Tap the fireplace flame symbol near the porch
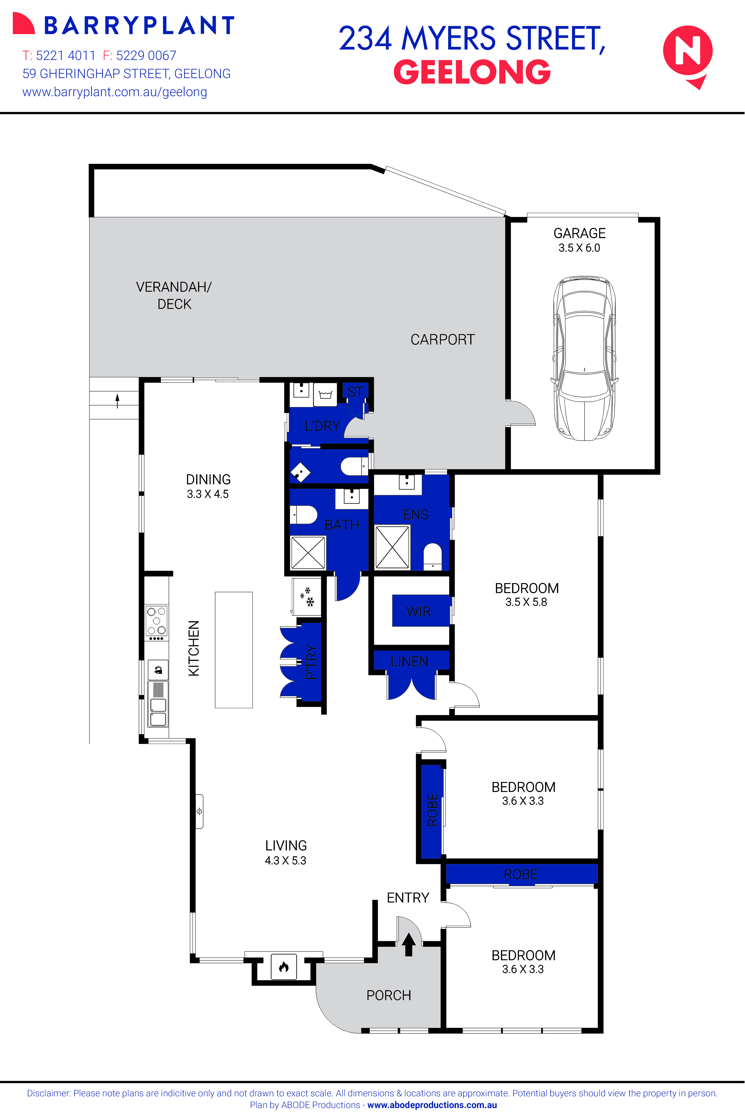(284, 967)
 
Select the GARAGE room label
(579, 233)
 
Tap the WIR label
(419, 611)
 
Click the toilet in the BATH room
(304, 514)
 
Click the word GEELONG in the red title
(472, 72)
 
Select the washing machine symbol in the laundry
(325, 395)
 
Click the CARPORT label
(442, 340)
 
